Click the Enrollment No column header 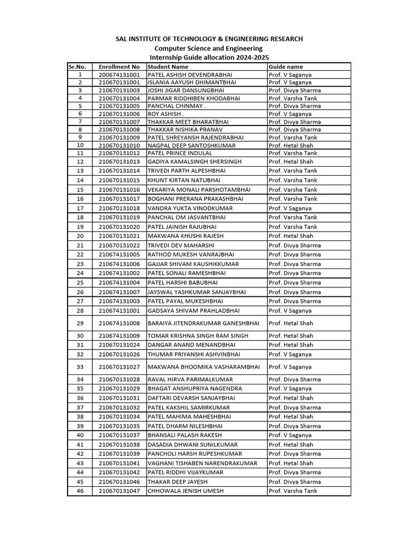119,67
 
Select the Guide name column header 286,67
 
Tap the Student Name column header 168,67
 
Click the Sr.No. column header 80,67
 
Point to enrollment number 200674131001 119,75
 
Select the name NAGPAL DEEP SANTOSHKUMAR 191,145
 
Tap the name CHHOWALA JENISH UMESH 186,491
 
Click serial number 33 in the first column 80,367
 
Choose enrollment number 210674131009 119,335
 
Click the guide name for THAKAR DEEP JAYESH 294,481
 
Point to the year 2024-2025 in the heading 255,57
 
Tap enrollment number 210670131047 119,491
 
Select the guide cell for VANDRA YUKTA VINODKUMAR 290,208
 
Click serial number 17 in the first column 80,208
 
